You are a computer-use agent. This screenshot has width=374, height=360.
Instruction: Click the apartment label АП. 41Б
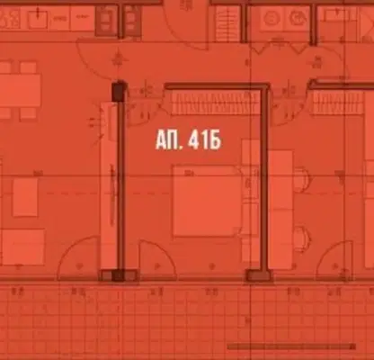click(188, 141)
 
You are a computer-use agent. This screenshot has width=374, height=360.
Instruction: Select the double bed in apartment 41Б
click(207, 202)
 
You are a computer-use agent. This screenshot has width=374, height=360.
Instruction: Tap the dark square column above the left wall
click(119, 91)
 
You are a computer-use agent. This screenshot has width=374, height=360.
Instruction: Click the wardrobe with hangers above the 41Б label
click(215, 103)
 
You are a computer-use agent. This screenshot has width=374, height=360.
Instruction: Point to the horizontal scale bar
click(291, 346)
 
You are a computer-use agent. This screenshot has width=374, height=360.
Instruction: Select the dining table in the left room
click(20, 91)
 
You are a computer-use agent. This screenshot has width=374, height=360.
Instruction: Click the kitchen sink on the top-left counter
click(38, 19)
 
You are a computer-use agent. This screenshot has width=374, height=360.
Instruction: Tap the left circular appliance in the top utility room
click(271, 18)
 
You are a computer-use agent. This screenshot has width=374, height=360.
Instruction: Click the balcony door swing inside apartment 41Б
click(157, 258)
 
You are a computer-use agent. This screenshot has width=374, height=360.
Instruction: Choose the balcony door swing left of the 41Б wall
click(78, 257)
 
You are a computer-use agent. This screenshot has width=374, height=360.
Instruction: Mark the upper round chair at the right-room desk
click(301, 180)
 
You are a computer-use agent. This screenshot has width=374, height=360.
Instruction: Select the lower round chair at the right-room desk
click(301, 239)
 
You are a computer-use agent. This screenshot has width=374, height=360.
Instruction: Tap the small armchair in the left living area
click(25, 197)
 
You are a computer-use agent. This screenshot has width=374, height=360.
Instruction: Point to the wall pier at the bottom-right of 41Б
click(259, 275)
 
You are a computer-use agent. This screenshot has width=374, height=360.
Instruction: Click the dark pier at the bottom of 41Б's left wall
click(119, 275)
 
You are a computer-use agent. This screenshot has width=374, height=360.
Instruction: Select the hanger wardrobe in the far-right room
click(338, 103)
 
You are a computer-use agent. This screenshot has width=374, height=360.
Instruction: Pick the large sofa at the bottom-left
click(22, 247)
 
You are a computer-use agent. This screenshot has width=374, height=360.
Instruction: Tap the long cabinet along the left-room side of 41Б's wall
click(109, 185)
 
